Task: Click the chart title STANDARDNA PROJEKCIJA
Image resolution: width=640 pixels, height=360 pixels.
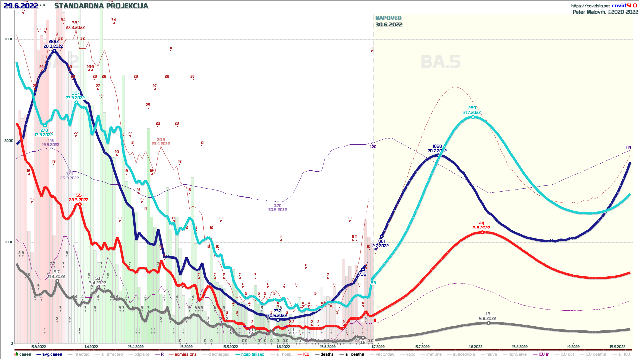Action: [x=101, y=6]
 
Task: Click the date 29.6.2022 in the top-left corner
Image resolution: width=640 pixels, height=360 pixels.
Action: [x=21, y=6]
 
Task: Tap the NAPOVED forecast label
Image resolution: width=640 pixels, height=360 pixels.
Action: [x=388, y=18]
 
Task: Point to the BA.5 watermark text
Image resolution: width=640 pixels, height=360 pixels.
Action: [x=440, y=62]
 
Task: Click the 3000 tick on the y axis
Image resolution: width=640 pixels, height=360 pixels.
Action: [x=9, y=39]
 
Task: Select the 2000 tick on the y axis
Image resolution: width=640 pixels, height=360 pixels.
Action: [x=9, y=141]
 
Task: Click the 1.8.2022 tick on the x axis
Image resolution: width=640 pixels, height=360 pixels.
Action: [x=476, y=347]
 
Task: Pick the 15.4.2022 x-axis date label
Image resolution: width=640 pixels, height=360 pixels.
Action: [x=136, y=347]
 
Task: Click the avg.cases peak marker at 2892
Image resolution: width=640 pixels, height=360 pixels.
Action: [x=54, y=51]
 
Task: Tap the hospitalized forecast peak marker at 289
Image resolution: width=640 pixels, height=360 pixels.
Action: [x=473, y=117]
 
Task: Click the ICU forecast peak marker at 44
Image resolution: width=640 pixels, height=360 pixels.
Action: [x=482, y=232]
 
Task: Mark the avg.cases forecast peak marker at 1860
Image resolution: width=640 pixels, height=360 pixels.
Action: [x=438, y=155]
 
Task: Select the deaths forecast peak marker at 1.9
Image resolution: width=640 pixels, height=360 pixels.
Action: [x=488, y=323]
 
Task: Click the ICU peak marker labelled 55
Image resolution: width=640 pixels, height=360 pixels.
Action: [x=79, y=204]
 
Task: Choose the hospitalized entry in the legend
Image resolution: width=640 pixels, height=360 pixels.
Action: [x=252, y=354]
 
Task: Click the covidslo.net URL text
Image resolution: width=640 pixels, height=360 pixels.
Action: [x=590, y=6]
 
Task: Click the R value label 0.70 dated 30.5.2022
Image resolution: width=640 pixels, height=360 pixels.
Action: [x=277, y=206]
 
